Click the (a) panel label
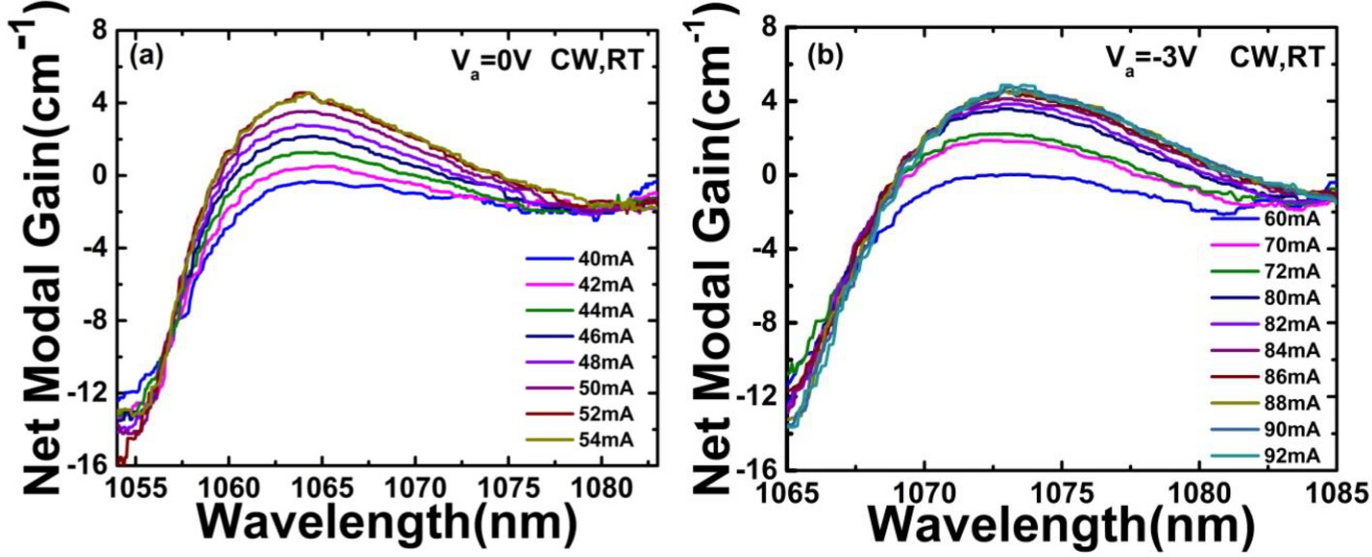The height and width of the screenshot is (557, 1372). click(x=147, y=57)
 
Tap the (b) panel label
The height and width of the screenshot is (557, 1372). click(x=825, y=57)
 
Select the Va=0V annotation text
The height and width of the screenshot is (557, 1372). click(x=491, y=60)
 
